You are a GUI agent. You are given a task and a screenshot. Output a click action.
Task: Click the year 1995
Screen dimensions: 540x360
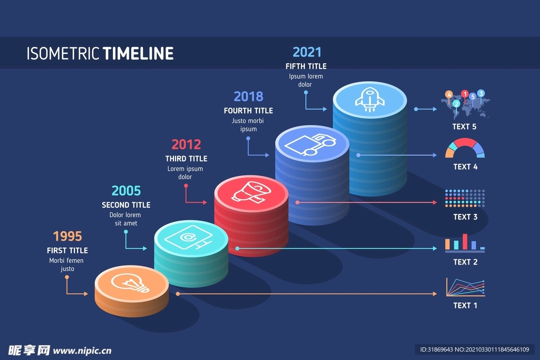tap(67, 236)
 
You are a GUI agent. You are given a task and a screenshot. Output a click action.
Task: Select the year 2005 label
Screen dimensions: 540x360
tap(126, 191)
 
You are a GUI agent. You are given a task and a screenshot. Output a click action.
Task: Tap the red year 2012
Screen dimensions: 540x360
tap(186, 144)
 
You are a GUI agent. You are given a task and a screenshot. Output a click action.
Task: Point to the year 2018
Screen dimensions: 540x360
tap(248, 96)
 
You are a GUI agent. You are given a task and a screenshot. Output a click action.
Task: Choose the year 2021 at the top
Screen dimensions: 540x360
tap(307, 52)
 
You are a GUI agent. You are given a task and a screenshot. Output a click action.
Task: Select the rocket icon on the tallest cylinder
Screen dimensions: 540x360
tap(370, 100)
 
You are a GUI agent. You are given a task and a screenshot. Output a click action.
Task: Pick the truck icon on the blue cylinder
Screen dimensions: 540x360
tap(310, 144)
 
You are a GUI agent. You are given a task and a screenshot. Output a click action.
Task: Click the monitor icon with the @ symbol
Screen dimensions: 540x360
tap(188, 238)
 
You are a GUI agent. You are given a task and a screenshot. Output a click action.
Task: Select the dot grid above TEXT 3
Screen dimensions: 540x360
tap(465, 198)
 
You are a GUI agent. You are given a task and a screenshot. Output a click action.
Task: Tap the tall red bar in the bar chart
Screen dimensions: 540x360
tap(465, 241)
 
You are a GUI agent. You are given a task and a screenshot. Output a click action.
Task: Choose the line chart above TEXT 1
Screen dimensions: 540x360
tap(466, 287)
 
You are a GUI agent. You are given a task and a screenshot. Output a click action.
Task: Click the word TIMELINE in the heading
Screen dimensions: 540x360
tap(139, 53)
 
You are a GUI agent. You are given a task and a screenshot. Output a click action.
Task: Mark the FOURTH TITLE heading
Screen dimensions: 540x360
tap(248, 111)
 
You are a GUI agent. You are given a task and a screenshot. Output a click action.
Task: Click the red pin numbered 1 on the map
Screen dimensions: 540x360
tap(465, 94)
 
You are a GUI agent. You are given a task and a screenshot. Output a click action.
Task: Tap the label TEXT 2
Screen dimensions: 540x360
tap(465, 262)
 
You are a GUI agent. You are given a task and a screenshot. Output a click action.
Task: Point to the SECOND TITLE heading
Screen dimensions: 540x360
tap(126, 205)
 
